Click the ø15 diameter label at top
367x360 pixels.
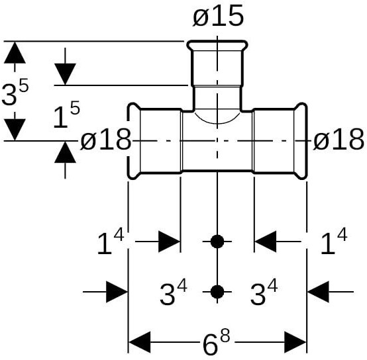[218, 17]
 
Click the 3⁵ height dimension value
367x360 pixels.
[15, 91]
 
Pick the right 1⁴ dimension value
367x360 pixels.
[334, 242]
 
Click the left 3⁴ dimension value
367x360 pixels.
[174, 292]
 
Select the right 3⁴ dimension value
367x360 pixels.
[264, 292]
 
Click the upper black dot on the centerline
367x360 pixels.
[217, 242]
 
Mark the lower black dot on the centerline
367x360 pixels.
[217, 292]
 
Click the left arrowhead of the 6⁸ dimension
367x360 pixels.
[140, 342]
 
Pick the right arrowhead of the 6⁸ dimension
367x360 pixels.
[295, 342]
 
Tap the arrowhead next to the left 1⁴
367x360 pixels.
[169, 242]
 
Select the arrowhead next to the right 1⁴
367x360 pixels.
[266, 242]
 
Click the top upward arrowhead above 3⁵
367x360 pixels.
[15, 52]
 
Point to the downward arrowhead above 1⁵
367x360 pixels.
[65, 74]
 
